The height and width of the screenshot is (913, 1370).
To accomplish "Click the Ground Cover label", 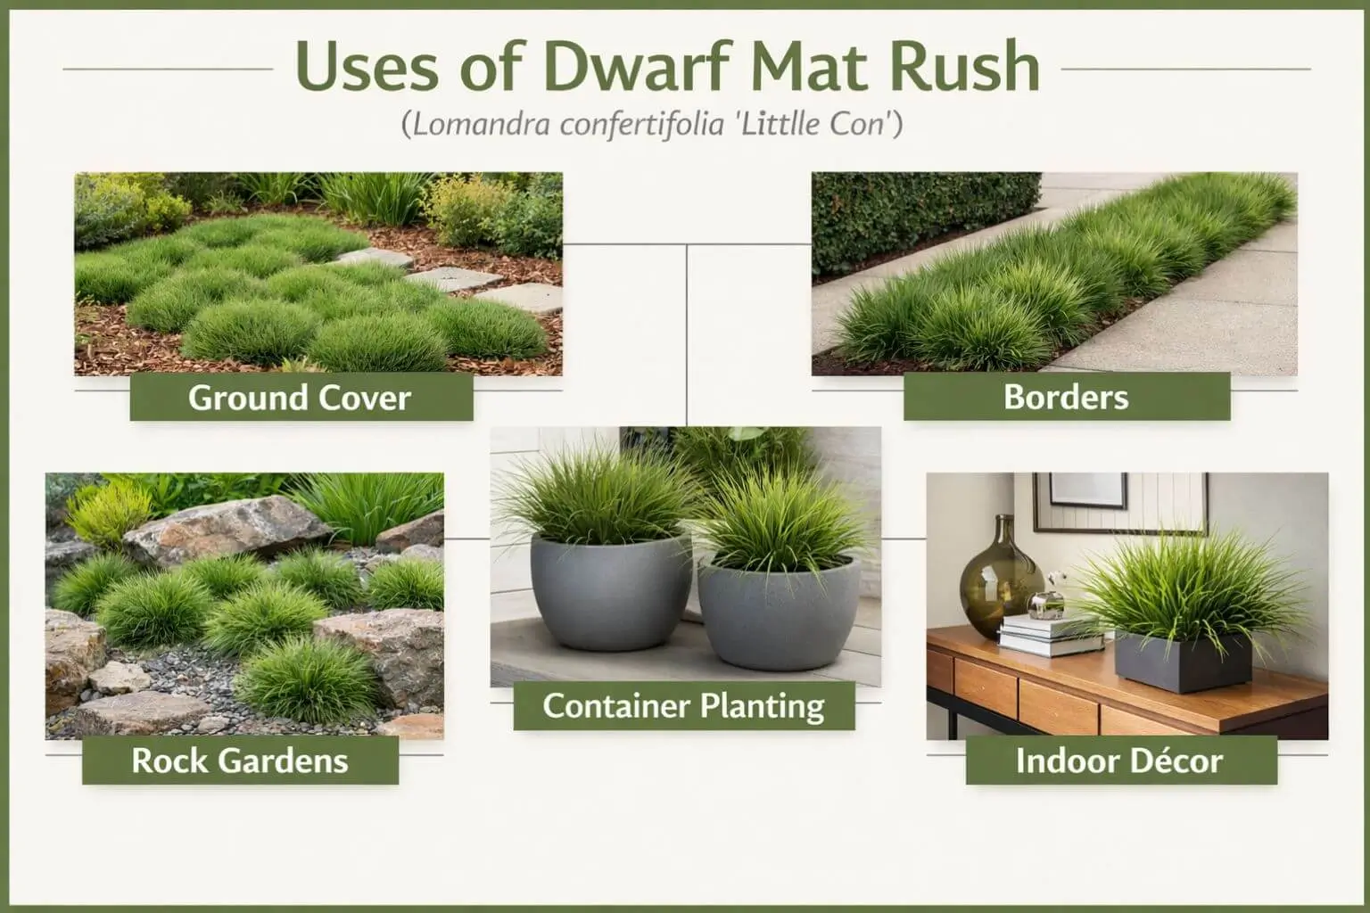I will [x=300, y=398].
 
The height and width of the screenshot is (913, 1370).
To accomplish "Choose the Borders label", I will [x=1066, y=398].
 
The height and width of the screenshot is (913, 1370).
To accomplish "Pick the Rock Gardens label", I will [x=239, y=761].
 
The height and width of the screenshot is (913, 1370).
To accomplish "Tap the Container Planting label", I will [x=683, y=706].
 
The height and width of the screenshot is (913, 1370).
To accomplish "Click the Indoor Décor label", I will [x=1119, y=761].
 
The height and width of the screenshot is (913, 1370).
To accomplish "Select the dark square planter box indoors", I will [x=1183, y=662].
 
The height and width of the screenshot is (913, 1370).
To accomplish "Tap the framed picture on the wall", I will [x=1087, y=490].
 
